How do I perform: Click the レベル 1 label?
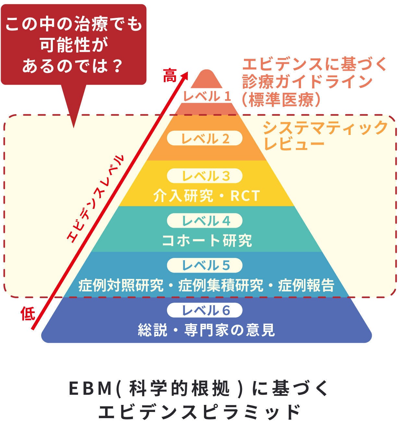click(x=207, y=96)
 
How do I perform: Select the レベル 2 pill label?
click(x=205, y=139)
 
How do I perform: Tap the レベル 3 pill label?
click(x=205, y=176)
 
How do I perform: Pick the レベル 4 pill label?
click(x=205, y=221)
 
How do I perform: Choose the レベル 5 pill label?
click(x=205, y=265)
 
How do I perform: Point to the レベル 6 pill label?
click(x=205, y=310)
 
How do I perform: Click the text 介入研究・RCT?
click(x=207, y=196)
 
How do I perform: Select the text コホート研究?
click(x=207, y=240)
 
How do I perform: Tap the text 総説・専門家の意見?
click(x=207, y=330)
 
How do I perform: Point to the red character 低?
click(x=28, y=313)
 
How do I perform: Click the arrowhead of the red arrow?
click(x=185, y=75)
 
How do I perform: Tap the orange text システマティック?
click(x=325, y=128)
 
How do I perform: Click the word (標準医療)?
click(x=281, y=100)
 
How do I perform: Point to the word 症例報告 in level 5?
click(x=306, y=285)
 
